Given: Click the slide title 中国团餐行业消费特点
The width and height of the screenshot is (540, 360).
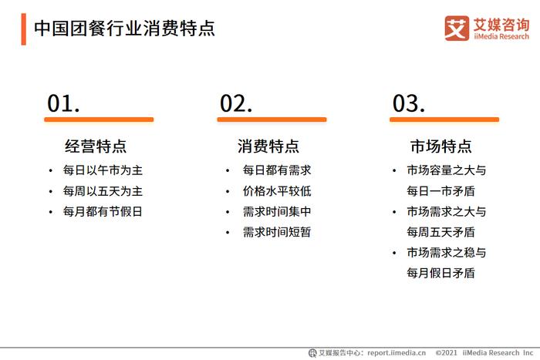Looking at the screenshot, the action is [x=124, y=29].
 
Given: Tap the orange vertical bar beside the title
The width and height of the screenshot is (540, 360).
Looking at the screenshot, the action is [x=23, y=29].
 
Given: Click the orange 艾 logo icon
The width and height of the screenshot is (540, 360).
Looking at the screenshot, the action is [x=457, y=29].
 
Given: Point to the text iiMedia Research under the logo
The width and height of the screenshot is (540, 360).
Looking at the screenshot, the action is [x=501, y=36].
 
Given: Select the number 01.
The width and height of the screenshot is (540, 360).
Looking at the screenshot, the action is [x=63, y=103].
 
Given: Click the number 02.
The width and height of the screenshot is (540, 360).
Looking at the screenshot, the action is [x=236, y=103].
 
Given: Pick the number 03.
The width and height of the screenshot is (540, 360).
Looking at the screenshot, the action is [x=409, y=103].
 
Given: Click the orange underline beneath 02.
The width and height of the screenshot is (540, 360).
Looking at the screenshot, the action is [x=272, y=119].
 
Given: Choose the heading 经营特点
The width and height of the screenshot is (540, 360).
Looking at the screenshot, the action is [x=96, y=146].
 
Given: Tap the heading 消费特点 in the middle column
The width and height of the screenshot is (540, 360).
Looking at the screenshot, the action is [x=268, y=146].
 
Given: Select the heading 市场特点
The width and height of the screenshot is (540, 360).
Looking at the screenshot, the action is [x=440, y=146].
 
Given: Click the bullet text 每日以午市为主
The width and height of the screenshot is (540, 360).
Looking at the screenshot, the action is [x=103, y=170].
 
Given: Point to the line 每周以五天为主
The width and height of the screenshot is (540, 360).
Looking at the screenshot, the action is [x=103, y=191].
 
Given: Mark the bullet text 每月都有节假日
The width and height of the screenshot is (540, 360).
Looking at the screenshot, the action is [x=103, y=211].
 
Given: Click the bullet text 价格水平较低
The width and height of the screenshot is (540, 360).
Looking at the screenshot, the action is [x=277, y=191].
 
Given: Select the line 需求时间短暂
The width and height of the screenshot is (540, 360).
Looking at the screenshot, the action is [x=277, y=232].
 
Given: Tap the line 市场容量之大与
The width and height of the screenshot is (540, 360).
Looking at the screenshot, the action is [x=447, y=170].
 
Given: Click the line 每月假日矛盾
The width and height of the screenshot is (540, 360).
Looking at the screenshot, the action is [x=440, y=273].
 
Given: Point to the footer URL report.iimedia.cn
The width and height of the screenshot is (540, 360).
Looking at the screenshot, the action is [x=397, y=353].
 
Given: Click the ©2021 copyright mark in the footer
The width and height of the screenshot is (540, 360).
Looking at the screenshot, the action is [x=447, y=353].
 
